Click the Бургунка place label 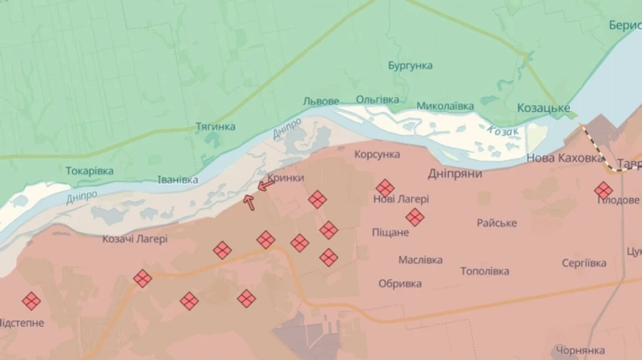click(x=410, y=66)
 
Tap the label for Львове click(x=321, y=101)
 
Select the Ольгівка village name click(x=377, y=100)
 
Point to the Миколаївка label click(x=445, y=106)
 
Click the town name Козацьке click(x=543, y=108)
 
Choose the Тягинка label click(x=215, y=127)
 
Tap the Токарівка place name click(x=89, y=171)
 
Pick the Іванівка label click(x=178, y=180)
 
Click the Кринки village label click(x=286, y=178)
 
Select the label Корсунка click(x=377, y=154)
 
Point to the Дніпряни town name click(x=455, y=173)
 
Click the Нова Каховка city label click(x=565, y=158)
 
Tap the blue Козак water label click(x=504, y=132)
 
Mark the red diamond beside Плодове click(x=603, y=190)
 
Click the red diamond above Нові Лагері click(x=385, y=187)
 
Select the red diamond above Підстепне click(x=31, y=301)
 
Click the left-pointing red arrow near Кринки click(x=265, y=186)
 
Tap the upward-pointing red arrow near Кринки click(x=249, y=202)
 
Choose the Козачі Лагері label click(x=135, y=240)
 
